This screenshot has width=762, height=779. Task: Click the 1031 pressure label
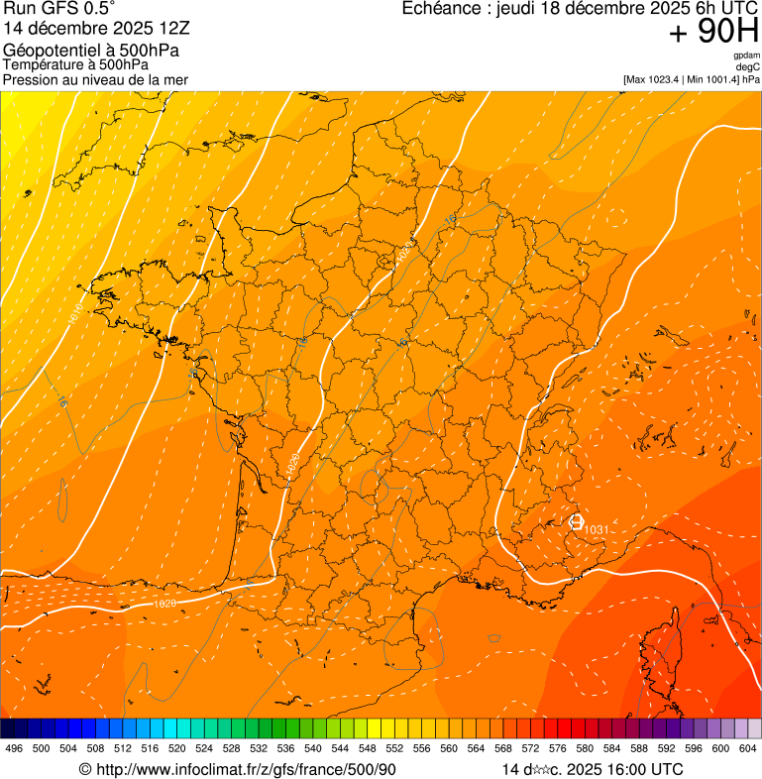[x=597, y=530]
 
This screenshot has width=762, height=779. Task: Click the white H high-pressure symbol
[x=577, y=520]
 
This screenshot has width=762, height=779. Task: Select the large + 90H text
[x=713, y=33]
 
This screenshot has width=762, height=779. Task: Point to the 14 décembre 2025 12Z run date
[x=103, y=29]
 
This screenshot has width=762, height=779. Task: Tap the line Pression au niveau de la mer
[x=95, y=79]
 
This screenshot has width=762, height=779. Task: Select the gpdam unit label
[x=747, y=56]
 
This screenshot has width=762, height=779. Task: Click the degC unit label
[x=748, y=66]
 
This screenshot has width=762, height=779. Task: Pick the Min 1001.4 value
[x=712, y=79]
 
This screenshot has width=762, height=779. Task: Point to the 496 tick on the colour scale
[x=14, y=748]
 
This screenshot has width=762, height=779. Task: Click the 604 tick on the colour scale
[x=747, y=748]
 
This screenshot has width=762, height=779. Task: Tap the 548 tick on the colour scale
[x=367, y=748]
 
